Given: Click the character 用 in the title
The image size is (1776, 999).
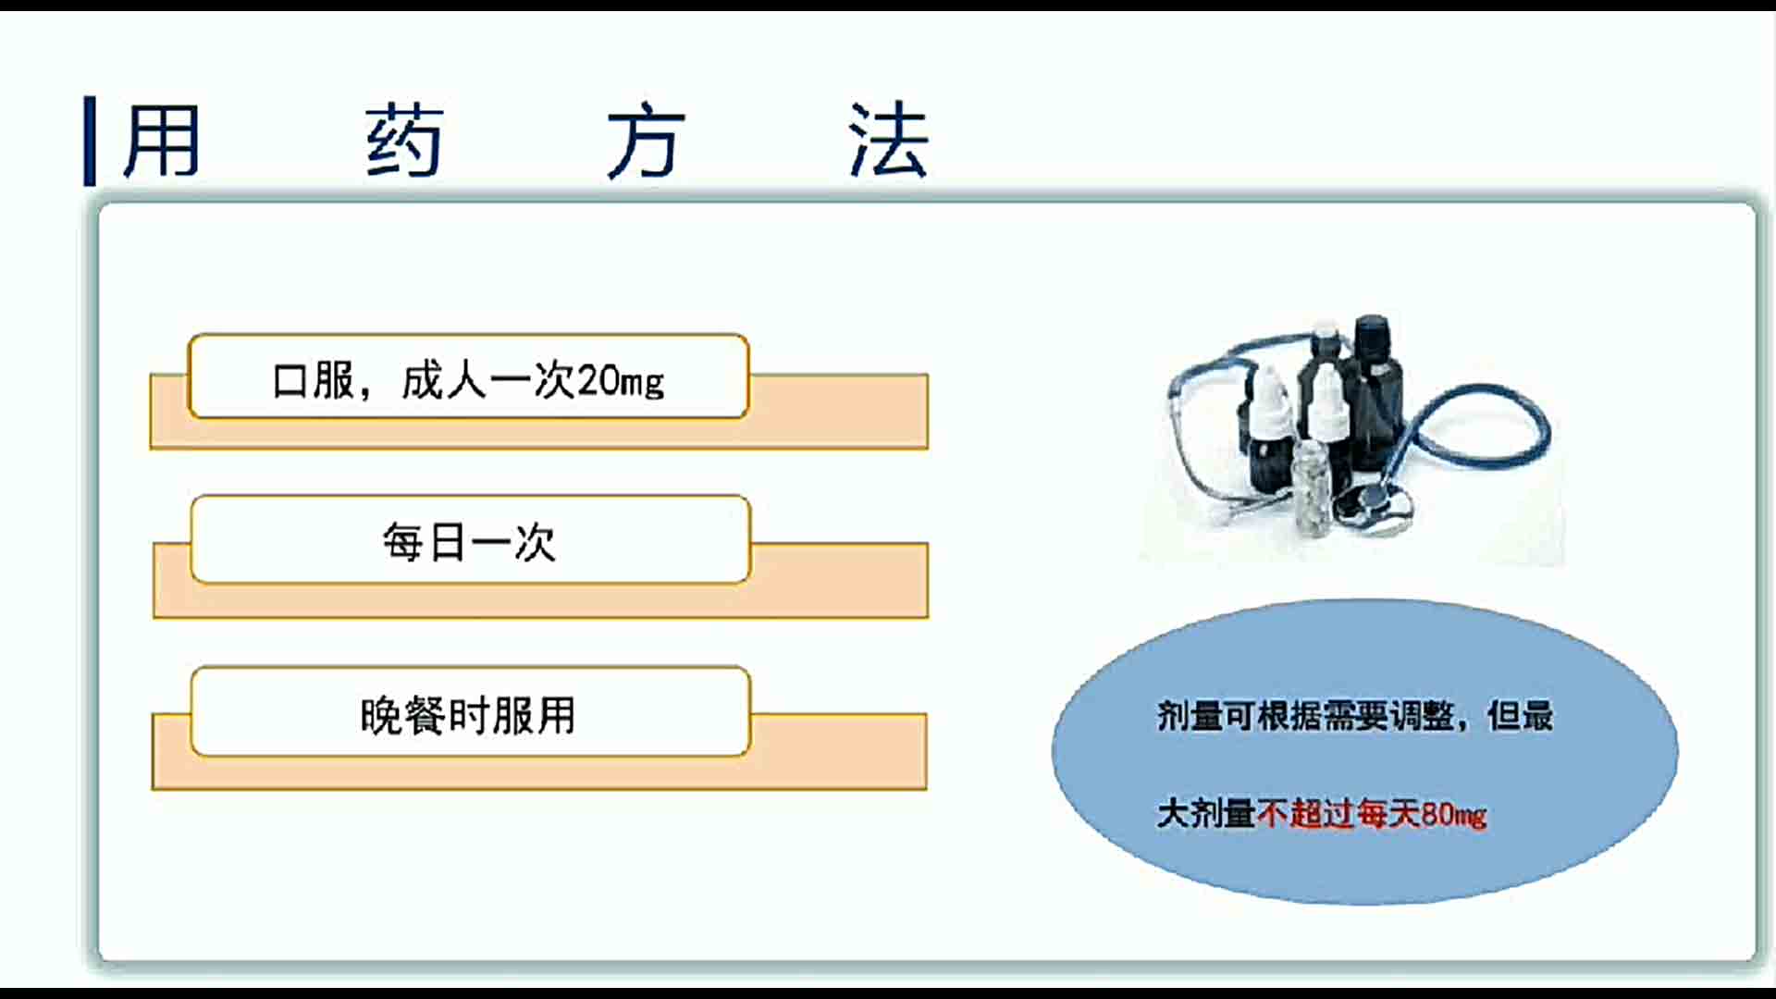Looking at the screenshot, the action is [162, 141].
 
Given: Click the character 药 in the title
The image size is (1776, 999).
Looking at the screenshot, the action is [404, 141].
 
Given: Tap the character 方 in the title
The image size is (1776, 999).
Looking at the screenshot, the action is [647, 141].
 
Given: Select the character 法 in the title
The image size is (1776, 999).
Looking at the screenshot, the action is [889, 141].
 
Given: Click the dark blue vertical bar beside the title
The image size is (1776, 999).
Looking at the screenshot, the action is [90, 141].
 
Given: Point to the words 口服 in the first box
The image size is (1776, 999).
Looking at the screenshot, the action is [313, 380].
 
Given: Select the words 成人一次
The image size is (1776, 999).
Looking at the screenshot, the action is [488, 380].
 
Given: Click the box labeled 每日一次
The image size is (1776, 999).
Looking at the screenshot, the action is [470, 540].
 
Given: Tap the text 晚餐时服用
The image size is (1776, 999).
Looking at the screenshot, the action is [468, 715].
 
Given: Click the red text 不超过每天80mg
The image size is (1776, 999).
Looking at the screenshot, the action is [1372, 814].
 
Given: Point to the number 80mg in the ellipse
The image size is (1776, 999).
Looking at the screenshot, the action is [1454, 815].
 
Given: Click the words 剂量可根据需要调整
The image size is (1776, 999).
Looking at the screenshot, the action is [1305, 715].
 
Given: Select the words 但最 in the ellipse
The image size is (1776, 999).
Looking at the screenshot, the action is [1520, 715].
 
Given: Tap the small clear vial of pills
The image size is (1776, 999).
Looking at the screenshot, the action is [1312, 487].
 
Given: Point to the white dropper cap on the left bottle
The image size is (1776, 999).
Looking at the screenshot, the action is [1264, 400].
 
